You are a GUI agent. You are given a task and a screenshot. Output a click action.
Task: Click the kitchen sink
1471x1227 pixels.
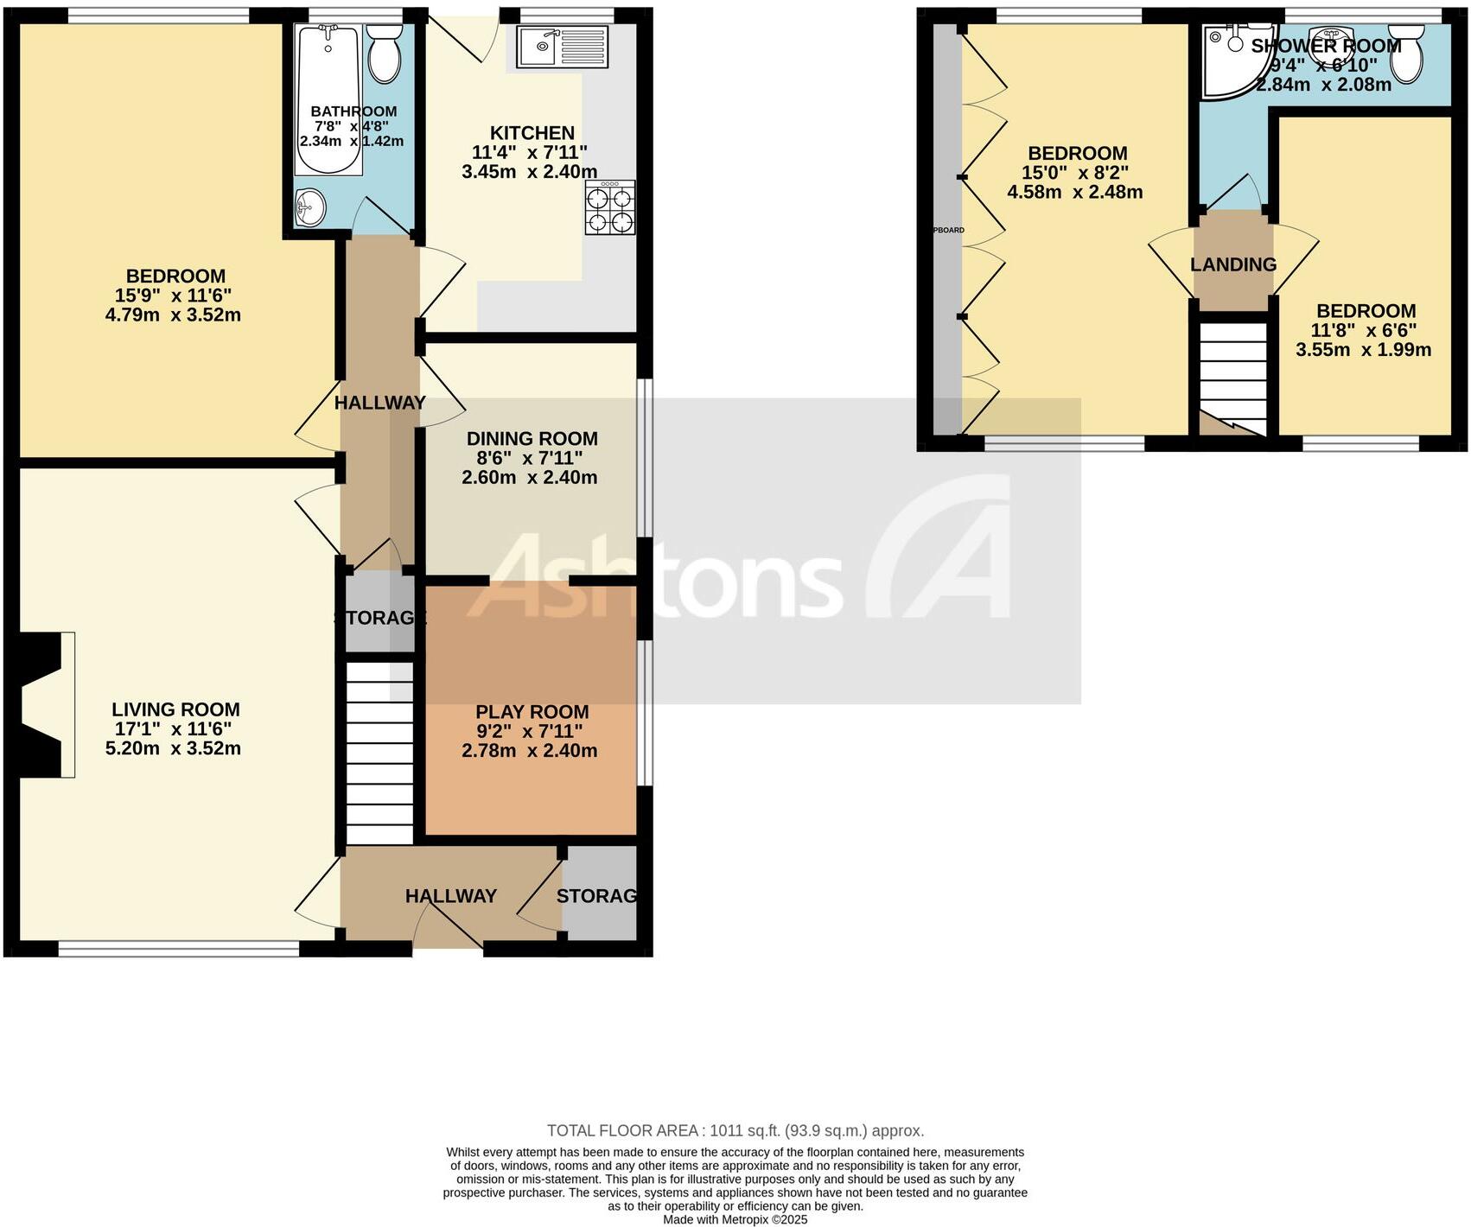563,46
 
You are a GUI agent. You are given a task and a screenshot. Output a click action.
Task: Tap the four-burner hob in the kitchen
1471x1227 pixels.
609,208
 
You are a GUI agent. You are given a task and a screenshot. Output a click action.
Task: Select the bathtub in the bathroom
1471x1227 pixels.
328,99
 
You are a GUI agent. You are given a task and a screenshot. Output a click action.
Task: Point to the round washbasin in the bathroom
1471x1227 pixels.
309,207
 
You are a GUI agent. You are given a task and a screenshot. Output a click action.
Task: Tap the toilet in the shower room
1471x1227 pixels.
1406,54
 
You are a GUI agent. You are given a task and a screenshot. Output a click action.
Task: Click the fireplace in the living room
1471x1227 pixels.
43,704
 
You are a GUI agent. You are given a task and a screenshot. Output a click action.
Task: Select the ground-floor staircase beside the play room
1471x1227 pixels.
379,753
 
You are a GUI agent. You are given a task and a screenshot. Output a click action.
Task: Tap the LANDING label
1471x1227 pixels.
1233,264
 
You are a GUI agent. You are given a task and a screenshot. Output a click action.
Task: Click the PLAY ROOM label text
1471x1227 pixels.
532,712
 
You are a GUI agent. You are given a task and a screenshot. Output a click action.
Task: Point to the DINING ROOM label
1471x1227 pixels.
532,438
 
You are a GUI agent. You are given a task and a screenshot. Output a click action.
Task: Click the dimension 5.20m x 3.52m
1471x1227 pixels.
173,748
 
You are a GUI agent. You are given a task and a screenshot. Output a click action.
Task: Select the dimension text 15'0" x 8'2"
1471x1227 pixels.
1075,173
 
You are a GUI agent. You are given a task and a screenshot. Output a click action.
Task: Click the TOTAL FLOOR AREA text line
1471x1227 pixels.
735,1130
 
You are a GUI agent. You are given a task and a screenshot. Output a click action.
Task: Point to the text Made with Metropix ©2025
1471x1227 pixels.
735,1219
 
